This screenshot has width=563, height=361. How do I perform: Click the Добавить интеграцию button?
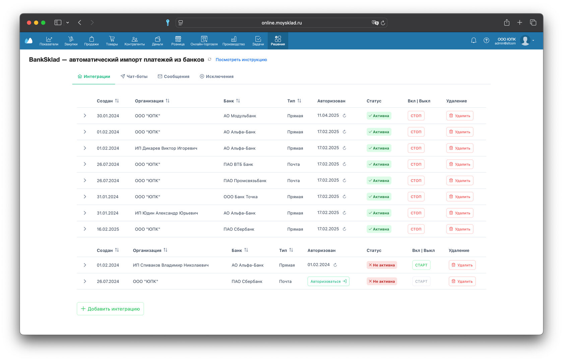coord(110,309)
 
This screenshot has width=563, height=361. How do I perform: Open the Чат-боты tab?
coord(134,76)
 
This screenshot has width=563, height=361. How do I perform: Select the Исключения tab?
coord(216,76)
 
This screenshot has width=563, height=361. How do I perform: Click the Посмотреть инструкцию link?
coord(241,60)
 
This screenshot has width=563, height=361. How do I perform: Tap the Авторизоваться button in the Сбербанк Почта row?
coord(328,281)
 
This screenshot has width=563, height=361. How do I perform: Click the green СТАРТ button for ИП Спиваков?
coord(421,265)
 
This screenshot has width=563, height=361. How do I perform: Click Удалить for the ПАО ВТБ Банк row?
coord(460,164)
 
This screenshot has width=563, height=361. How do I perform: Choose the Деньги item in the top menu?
coord(158,41)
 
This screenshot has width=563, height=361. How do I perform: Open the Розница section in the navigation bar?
coord(178,41)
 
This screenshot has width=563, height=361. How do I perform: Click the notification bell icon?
coord(474,40)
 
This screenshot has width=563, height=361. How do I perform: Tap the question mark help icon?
coord(486,40)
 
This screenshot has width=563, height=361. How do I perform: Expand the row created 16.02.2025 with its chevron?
coord(85,229)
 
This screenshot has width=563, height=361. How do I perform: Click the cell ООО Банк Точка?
coord(241,197)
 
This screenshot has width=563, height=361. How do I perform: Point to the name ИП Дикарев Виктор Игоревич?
coord(166,148)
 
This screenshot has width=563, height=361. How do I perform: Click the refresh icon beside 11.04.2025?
coord(345,115)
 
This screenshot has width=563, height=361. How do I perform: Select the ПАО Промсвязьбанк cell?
coord(245,180)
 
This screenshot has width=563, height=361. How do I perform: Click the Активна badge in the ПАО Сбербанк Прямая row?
coord(379,229)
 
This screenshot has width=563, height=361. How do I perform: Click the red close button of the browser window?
coord(29,22)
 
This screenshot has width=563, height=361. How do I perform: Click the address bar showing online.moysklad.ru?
coord(281,22)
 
